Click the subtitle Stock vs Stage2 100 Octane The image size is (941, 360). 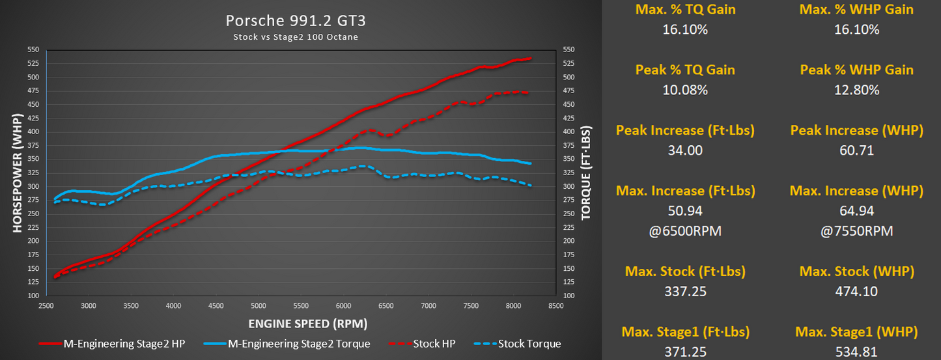coord(296,37)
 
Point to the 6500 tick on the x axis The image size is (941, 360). coord(386,305)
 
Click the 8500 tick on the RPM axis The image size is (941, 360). coord(555,305)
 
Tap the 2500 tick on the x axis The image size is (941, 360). coord(46,305)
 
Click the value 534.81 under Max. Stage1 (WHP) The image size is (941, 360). coord(856,352)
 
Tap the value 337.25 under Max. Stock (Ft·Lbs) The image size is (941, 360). coord(685,292)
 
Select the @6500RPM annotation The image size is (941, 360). coord(685,230)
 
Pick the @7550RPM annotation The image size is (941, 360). coord(856,230)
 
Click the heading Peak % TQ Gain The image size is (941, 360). coord(685,70)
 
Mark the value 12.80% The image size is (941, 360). coord(856,90)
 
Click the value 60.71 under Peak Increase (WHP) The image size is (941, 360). coord(856,150)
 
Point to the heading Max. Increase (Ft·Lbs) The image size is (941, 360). coord(685,191)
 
